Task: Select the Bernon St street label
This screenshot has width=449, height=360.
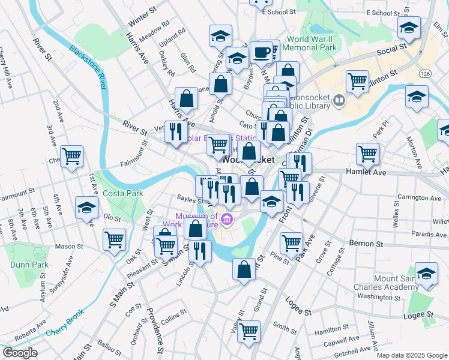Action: click(366, 244)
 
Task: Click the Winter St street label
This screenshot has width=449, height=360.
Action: click(142, 20)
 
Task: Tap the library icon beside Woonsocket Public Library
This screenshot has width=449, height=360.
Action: click(340, 101)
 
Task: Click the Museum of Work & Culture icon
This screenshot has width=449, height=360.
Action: click(226, 220)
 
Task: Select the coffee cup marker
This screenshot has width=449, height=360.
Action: click(261, 52)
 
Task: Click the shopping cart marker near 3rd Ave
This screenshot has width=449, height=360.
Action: click(72, 157)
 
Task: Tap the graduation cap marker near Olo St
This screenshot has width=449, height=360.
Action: click(87, 208)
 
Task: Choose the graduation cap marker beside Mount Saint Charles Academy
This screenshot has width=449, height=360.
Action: click(426, 273)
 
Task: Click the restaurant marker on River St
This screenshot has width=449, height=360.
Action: click(175, 131)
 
